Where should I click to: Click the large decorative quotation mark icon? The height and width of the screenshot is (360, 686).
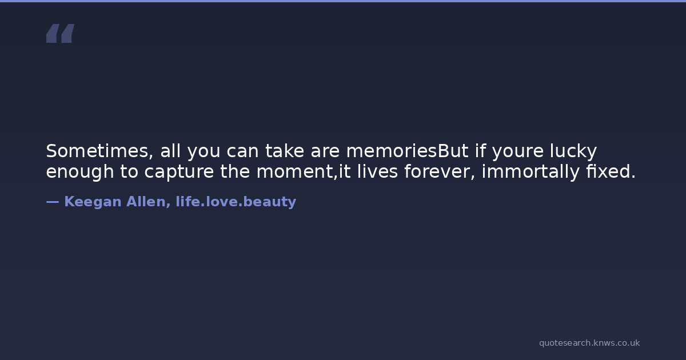tap(61, 33)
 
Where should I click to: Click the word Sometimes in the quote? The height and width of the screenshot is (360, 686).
tap(99, 151)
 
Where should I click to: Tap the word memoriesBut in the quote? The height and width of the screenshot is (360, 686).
tap(407, 151)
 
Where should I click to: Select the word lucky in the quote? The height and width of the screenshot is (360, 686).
tap(573, 151)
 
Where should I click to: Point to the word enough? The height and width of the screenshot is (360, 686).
tap(80, 171)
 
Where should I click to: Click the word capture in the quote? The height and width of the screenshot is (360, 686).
tap(179, 172)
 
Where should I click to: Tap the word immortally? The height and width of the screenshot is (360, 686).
tap(531, 171)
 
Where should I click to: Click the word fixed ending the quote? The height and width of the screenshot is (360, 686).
tap(611, 171)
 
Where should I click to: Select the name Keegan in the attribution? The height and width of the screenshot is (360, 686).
tap(93, 202)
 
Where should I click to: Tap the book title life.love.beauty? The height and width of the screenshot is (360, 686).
tap(236, 202)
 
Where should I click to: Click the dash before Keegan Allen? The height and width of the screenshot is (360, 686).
tap(53, 202)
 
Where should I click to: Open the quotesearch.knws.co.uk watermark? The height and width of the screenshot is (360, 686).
tap(589, 343)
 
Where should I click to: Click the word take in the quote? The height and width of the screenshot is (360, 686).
tap(285, 151)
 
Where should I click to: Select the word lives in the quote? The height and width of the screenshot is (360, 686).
tap(377, 171)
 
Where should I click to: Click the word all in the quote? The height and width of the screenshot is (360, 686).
tap(170, 151)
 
